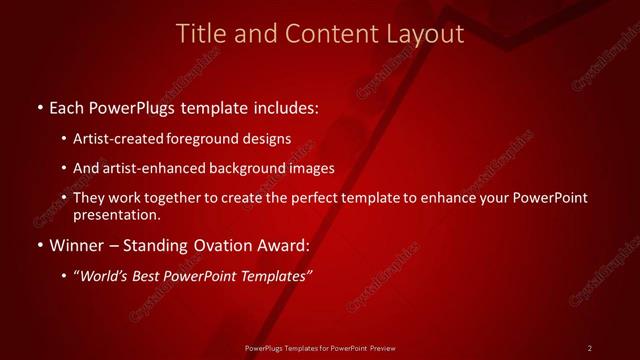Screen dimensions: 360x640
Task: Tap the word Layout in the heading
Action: [428, 34]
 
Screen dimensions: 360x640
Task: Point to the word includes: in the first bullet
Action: [288, 106]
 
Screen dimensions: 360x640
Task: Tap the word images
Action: [311, 168]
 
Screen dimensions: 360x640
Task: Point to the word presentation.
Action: [117, 214]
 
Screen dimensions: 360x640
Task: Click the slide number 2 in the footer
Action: [590, 347]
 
